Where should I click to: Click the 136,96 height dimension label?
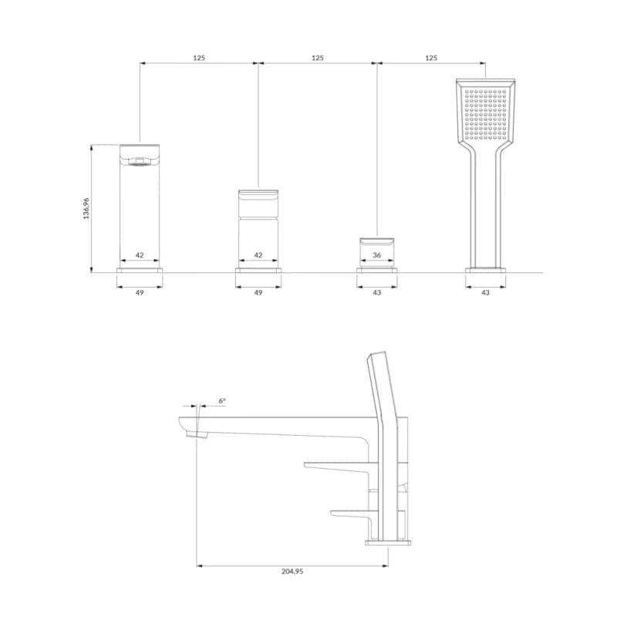pos(86,208)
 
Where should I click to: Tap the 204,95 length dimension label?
pos(292,571)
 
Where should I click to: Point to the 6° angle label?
pos(222,401)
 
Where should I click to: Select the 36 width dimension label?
pos(376,255)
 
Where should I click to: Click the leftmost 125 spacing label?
pos(199,58)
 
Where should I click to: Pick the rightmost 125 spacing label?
pos(431,58)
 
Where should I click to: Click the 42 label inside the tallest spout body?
pos(140,255)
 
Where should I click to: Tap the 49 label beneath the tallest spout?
pos(140,292)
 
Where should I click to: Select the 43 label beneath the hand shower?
pos(485,292)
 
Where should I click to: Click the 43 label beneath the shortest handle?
pos(376,292)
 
